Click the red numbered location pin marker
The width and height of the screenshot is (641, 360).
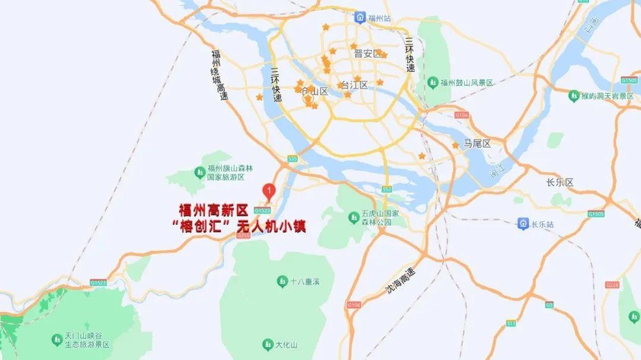pos(269,192)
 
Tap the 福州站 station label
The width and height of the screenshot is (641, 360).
pos(380,18)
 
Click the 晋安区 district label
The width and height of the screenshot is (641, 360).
pos(367,54)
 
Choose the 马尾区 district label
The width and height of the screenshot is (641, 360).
pos(478,144)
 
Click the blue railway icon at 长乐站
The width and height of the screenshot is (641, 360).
pos(523,224)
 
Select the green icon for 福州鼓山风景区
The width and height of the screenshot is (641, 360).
pos(433,82)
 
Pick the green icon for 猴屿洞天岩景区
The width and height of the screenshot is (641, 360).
pos(573,95)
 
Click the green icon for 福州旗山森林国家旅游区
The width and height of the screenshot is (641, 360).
pos(200,173)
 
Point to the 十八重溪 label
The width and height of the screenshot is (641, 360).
pos(305,281)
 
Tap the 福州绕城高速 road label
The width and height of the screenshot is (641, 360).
pos(218,75)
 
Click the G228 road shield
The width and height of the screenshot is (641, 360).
pos(613,285)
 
